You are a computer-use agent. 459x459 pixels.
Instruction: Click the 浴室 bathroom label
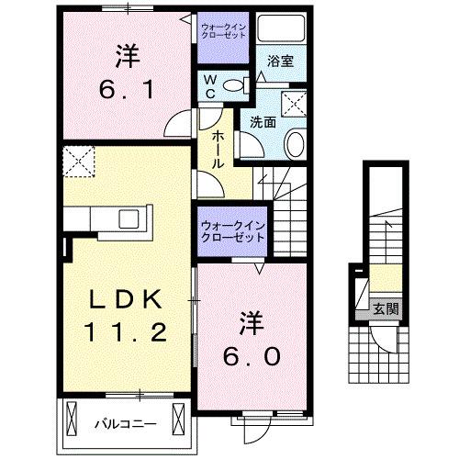280,62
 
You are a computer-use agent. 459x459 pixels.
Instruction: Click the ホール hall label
218,147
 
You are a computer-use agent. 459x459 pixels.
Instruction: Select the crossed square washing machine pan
296,103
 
